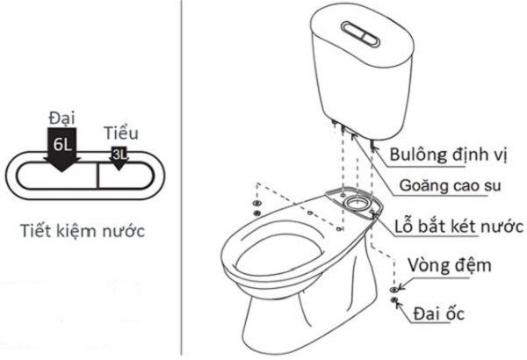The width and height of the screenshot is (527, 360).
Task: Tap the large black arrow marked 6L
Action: pyautogui.click(x=62, y=148)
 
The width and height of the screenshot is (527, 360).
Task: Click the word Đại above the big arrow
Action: pyautogui.click(x=61, y=115)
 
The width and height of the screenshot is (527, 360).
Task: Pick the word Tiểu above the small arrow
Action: pyautogui.click(x=121, y=133)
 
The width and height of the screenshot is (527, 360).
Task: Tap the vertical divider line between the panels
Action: pyautogui.click(x=182, y=176)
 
